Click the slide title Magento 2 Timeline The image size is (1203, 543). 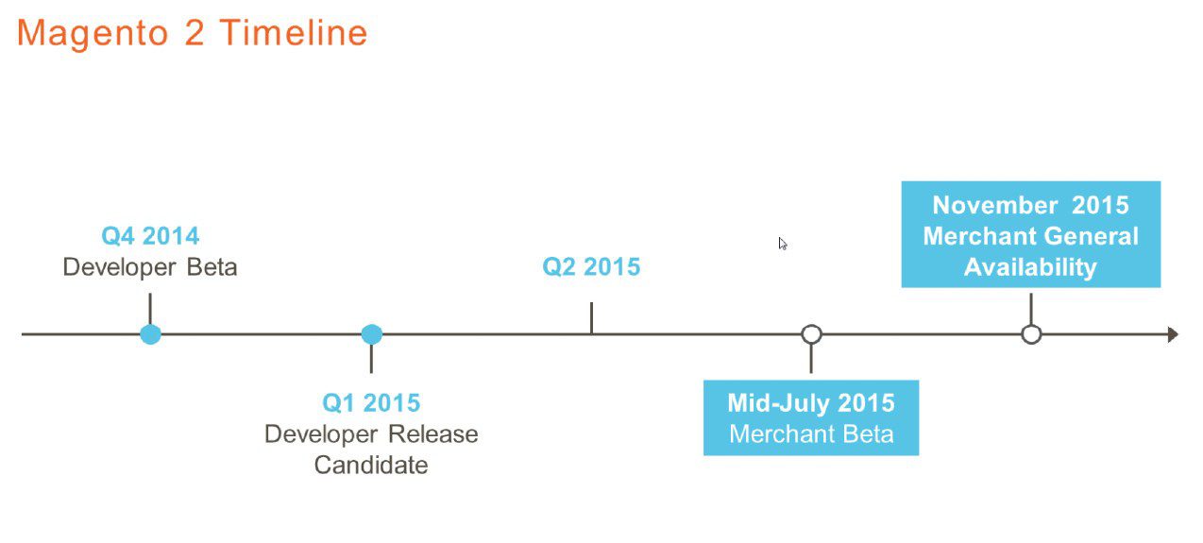pos(193,33)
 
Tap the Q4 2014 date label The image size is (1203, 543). pos(150,236)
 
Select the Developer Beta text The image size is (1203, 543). pos(150,267)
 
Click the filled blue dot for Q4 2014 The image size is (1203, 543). pos(150,334)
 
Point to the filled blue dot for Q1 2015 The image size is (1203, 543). pos(372,334)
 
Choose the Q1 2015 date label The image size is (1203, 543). pos(371,403)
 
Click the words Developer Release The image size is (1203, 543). pos(371,434)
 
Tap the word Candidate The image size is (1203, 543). pos(371,466)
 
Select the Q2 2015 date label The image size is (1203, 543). pos(591,267)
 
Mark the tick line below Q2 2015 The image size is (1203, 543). pos(591,318)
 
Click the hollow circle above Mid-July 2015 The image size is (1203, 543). pos(811,334)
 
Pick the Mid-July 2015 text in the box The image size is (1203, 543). pos(811,403)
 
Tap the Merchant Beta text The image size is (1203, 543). pos(811,434)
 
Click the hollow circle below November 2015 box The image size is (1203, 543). pos(1031,334)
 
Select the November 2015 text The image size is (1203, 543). pos(1030,205)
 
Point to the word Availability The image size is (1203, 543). pos(1030,267)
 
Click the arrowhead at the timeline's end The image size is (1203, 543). pos(1173,334)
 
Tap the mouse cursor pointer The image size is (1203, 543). pos(783,244)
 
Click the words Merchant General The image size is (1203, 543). pos(1030,236)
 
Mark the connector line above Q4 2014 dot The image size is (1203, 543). pos(150,309)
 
